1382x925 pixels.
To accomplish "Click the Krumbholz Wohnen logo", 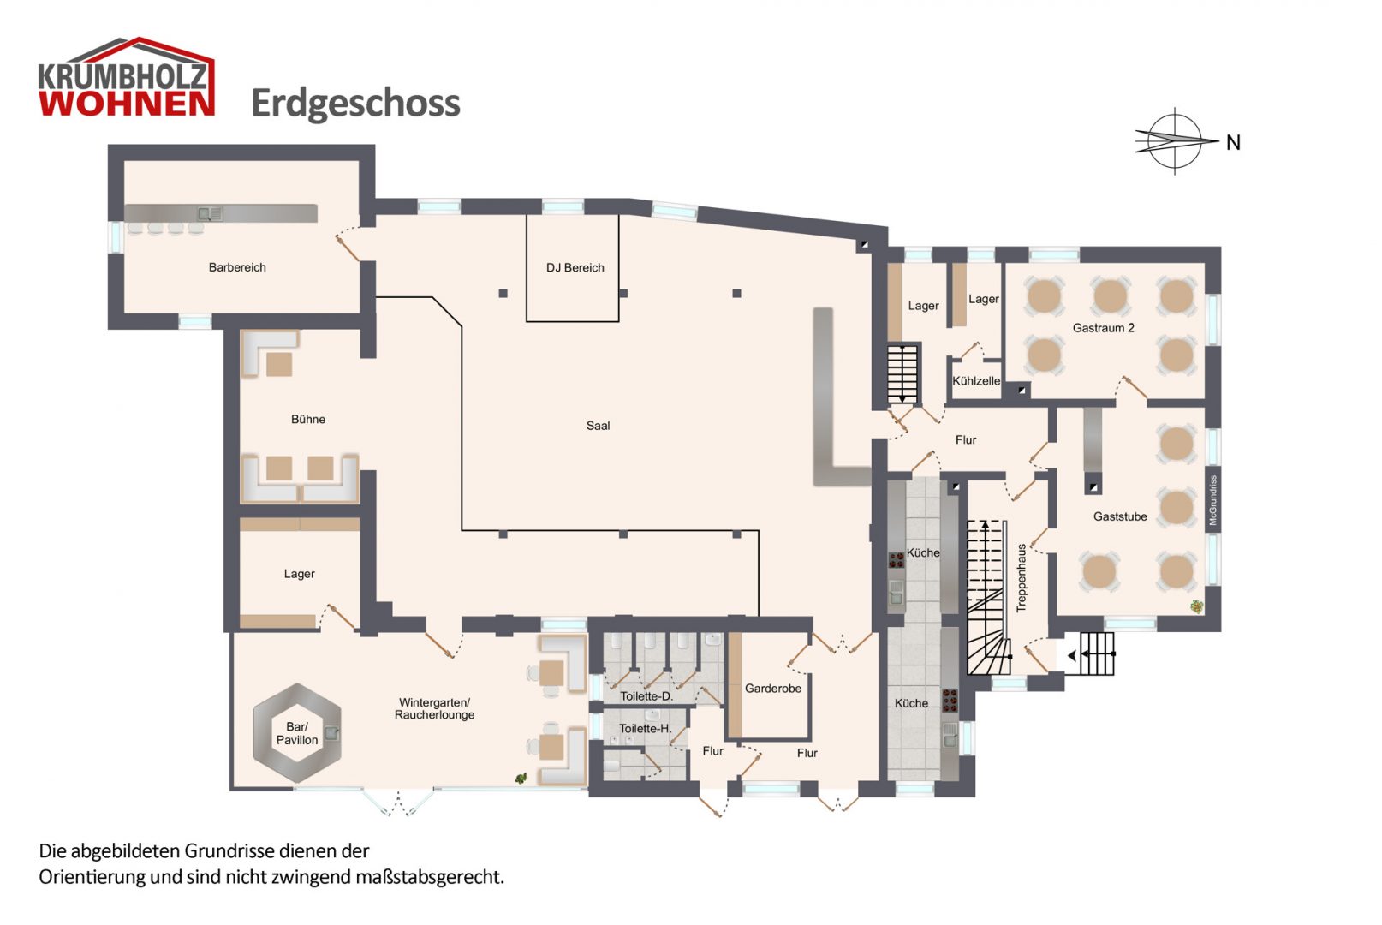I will pos(126,79).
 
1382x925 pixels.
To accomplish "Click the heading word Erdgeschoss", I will pos(355,104).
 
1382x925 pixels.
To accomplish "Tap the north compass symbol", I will pos(1176,141).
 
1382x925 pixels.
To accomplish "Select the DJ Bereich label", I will pos(575,268).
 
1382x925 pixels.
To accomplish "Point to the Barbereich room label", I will pos(237,267).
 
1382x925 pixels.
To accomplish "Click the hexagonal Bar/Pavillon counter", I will pos(297,733).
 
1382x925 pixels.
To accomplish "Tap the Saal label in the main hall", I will pos(598,426).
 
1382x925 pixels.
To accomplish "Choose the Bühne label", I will pos(308,419).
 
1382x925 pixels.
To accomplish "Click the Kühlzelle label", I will pos(976,381).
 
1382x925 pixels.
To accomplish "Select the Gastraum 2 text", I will pos(1103,328).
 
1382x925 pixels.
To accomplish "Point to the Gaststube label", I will pos(1119,516).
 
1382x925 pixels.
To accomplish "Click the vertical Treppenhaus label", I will pos(1021,577).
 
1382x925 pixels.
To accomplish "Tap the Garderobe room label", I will pos(772,689).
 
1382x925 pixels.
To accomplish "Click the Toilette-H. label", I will pos(645,729).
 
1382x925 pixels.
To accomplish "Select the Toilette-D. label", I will pos(646,696).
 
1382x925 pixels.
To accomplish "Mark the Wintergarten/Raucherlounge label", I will pos(434,708).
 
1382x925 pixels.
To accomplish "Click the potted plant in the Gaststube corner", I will pos(1196,606).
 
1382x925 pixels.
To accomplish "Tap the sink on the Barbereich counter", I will pos(210,213).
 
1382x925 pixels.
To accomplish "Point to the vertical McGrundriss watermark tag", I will pos(1212,500).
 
